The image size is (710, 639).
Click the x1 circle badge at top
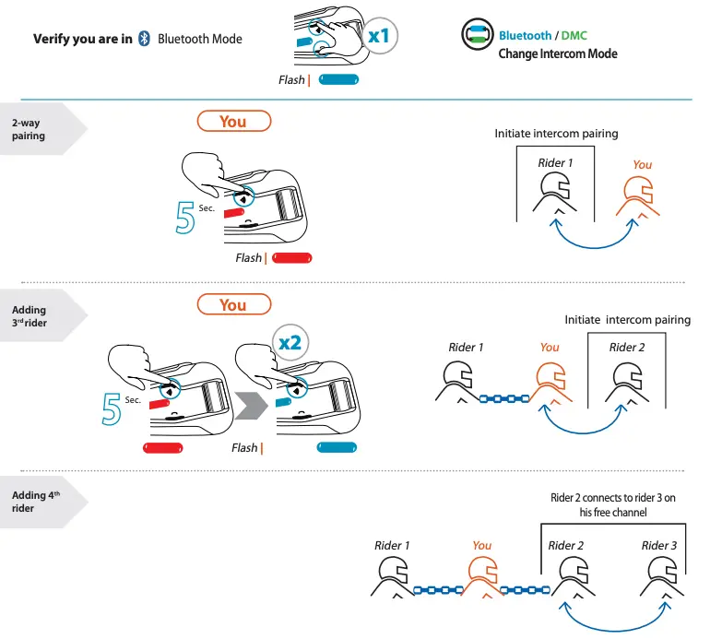pos(378,36)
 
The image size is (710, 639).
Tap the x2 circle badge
pos(290,342)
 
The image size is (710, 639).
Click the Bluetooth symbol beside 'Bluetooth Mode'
pos(144,39)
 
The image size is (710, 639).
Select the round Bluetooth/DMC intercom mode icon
pos(477,37)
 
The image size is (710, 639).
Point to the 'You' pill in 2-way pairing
pos(234,121)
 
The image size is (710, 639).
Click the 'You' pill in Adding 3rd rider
pos(234,304)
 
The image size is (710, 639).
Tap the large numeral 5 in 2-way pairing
pos(184,212)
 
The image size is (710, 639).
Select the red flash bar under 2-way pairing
pos(293,258)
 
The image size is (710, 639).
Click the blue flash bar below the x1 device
pos(338,80)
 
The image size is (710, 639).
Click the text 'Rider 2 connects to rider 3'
pos(612,498)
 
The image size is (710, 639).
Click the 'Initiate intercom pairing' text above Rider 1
pos(556,134)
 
